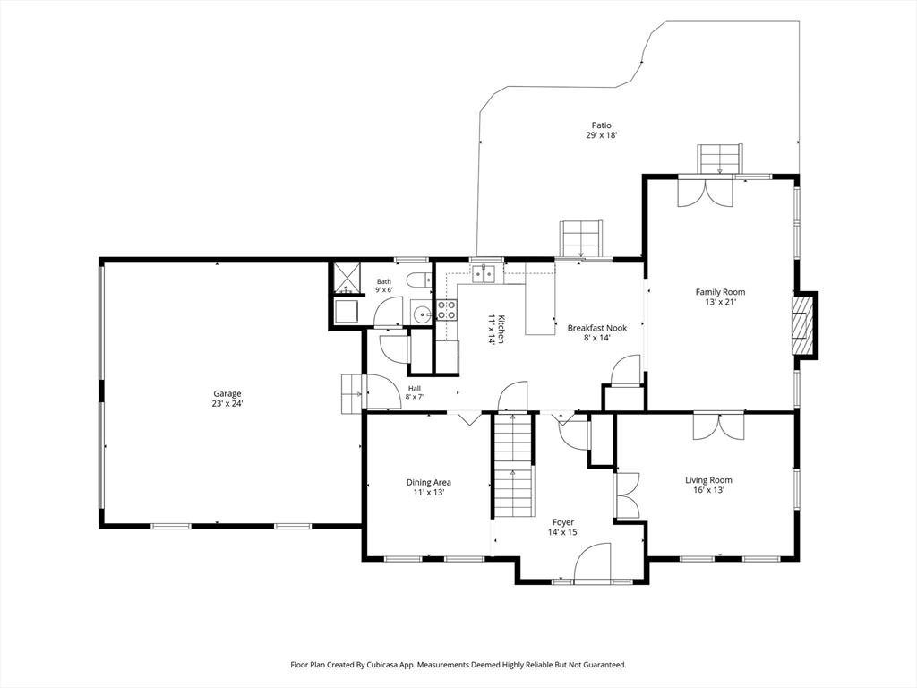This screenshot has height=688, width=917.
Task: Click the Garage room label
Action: (227, 394)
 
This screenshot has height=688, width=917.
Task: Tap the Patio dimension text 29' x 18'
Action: (602, 135)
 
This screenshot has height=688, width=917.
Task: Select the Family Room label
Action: (721, 292)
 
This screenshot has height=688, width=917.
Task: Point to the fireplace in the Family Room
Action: (802, 324)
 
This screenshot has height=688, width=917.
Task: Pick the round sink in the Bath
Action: (420, 314)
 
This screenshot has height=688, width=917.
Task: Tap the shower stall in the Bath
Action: (346, 279)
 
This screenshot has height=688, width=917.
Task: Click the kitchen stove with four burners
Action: (446, 310)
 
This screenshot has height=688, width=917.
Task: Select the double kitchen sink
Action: (484, 274)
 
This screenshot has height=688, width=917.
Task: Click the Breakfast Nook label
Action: (597, 328)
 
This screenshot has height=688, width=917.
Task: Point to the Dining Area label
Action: (429, 483)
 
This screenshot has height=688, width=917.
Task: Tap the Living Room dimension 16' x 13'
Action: (709, 490)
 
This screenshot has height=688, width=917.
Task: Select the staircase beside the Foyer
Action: (513, 465)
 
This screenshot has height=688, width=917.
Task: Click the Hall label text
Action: (415, 389)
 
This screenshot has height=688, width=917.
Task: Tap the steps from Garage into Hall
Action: (352, 394)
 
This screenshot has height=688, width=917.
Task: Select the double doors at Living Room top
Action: (719, 426)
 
